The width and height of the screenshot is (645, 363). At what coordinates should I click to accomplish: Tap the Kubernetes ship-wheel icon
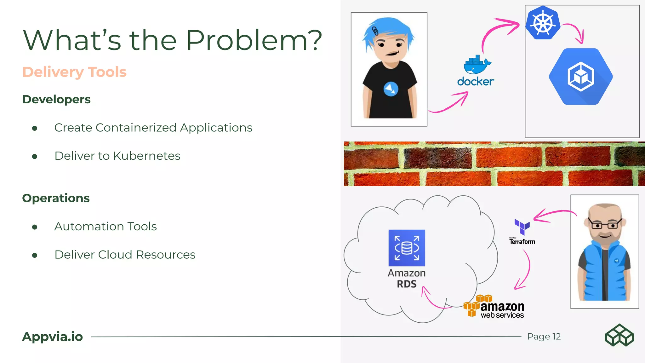point(543,23)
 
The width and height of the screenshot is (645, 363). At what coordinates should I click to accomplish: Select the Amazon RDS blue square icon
point(407,248)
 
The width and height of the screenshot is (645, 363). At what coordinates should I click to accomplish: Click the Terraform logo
point(522,232)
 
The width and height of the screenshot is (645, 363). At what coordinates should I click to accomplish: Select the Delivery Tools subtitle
point(74,72)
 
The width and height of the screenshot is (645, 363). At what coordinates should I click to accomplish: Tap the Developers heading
point(56,99)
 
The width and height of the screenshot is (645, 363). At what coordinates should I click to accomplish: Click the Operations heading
point(56,198)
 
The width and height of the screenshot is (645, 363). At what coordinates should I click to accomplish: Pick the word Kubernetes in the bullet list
point(147,156)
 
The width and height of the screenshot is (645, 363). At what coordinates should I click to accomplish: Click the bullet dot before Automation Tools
point(35,227)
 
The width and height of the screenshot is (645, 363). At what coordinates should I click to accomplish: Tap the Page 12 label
point(544,337)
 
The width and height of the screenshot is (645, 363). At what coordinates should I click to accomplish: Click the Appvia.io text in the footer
point(52,337)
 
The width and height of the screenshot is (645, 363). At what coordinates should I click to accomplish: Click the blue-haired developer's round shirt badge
point(391,89)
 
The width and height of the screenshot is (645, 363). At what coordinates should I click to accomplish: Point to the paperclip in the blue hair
point(375,31)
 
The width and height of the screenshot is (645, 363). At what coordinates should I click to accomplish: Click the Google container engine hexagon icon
point(581,77)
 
